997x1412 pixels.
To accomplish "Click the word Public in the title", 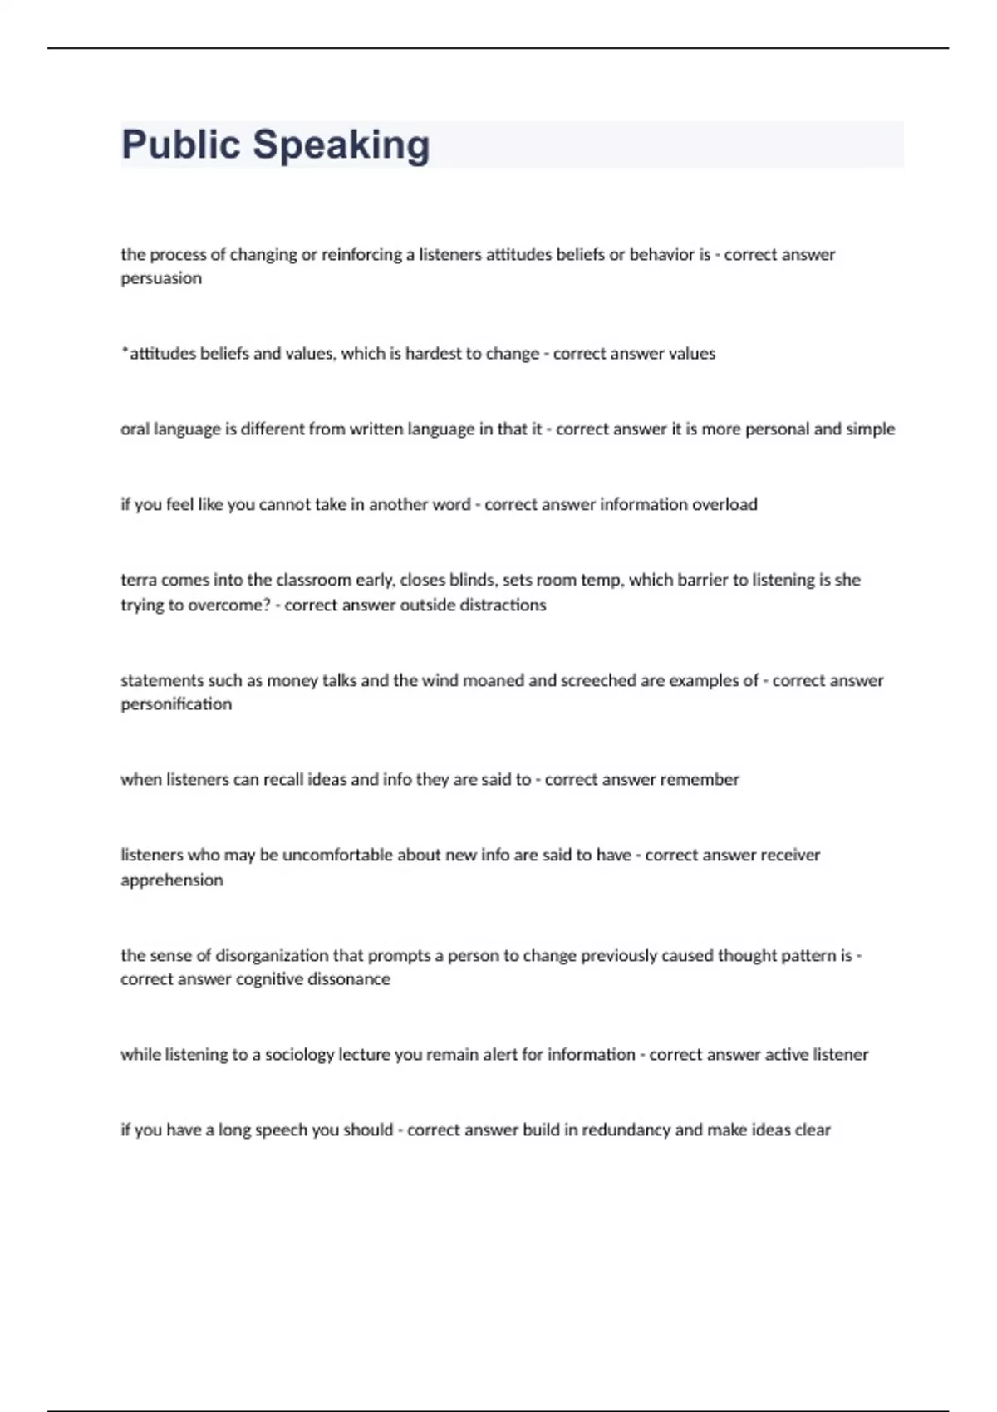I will point(180,145).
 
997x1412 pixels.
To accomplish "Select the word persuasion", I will point(161,278).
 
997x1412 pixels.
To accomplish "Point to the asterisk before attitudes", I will point(125,352).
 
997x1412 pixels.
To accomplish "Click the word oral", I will point(134,429).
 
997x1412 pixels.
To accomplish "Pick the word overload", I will point(725,505).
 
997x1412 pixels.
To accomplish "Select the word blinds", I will point(472,580).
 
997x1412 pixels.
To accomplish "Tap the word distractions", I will point(498,605).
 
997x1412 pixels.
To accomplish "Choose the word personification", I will point(176,704).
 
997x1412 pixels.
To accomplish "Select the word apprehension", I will point(172,880).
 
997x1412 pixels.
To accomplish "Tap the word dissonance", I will point(349,979).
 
